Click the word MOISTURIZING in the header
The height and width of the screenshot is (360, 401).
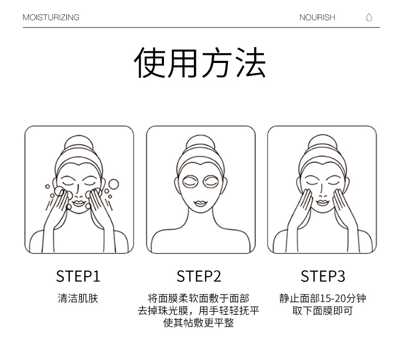[x=51, y=17]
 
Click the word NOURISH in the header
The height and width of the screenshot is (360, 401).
[x=317, y=17]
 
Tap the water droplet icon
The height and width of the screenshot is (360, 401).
[x=369, y=17]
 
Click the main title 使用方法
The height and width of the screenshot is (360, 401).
[x=200, y=63]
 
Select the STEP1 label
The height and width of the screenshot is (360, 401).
[x=78, y=276]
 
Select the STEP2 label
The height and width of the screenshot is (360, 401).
[x=199, y=276]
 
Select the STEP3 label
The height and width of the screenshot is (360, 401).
[x=322, y=276]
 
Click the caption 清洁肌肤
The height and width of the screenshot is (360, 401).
[x=78, y=299]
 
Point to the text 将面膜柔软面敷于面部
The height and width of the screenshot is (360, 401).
[x=199, y=299]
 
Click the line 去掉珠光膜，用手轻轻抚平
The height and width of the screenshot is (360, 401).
[x=199, y=311]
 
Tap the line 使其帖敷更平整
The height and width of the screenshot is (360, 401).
[x=199, y=323]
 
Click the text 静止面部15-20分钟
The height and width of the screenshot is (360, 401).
[x=322, y=299]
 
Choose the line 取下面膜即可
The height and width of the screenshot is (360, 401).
[x=322, y=311]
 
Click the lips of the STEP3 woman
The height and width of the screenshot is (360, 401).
[x=322, y=202]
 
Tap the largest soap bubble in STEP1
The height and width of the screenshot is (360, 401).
[x=113, y=183]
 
